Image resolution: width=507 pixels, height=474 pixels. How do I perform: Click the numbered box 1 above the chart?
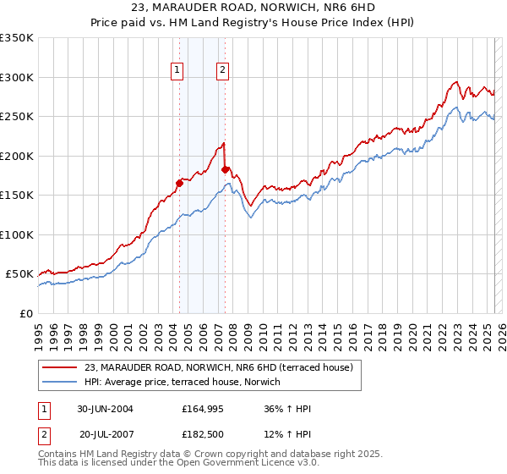[178, 70]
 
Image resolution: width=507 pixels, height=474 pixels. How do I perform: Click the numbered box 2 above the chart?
[222, 70]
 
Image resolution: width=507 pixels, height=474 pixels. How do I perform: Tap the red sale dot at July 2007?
[225, 169]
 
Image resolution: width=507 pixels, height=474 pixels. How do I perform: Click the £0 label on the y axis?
[25, 313]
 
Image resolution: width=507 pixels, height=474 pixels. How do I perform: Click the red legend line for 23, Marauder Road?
[61, 367]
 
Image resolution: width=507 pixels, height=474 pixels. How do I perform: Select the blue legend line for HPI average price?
[61, 382]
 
